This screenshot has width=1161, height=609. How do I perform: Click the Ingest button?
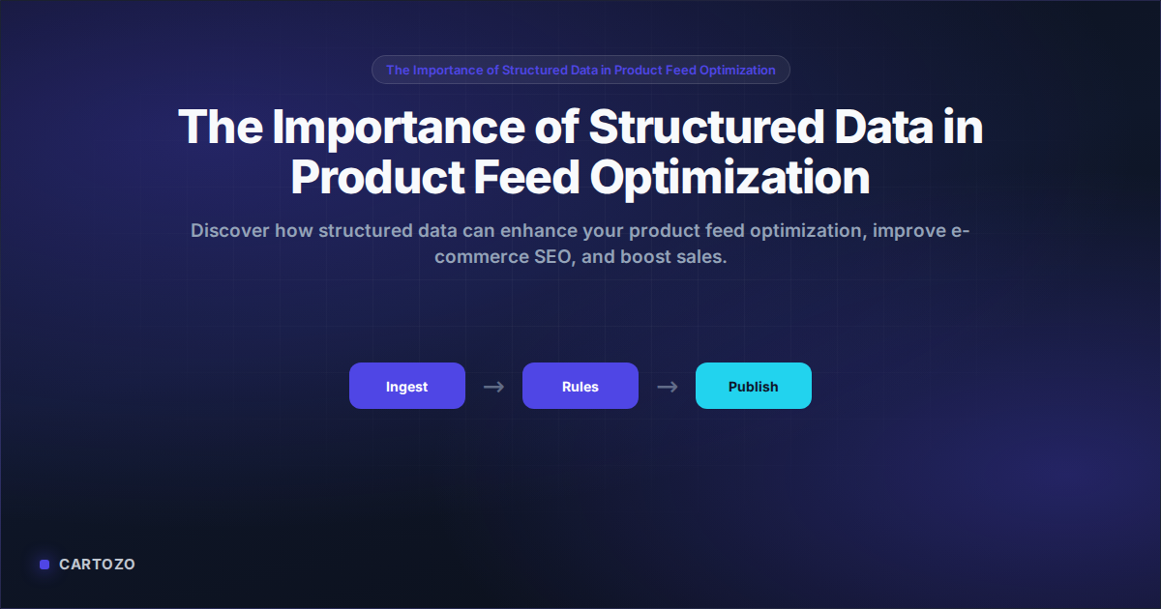(407, 386)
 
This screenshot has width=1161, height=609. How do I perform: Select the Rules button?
(580, 386)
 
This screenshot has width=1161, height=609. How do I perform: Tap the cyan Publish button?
(753, 386)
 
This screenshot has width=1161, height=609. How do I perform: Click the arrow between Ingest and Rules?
(493, 387)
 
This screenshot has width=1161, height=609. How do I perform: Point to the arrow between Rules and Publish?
(667, 387)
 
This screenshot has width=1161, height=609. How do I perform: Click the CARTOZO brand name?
(97, 564)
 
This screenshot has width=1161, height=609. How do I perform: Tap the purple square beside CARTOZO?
(45, 565)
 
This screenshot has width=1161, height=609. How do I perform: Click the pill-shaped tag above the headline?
(580, 70)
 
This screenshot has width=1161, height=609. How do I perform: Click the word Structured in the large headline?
(706, 127)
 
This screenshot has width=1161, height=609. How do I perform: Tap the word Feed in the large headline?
(526, 177)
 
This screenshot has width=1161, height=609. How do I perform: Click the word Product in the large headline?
(377, 177)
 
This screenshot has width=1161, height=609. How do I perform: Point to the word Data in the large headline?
(883, 127)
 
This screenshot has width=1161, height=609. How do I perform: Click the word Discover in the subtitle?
(229, 230)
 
